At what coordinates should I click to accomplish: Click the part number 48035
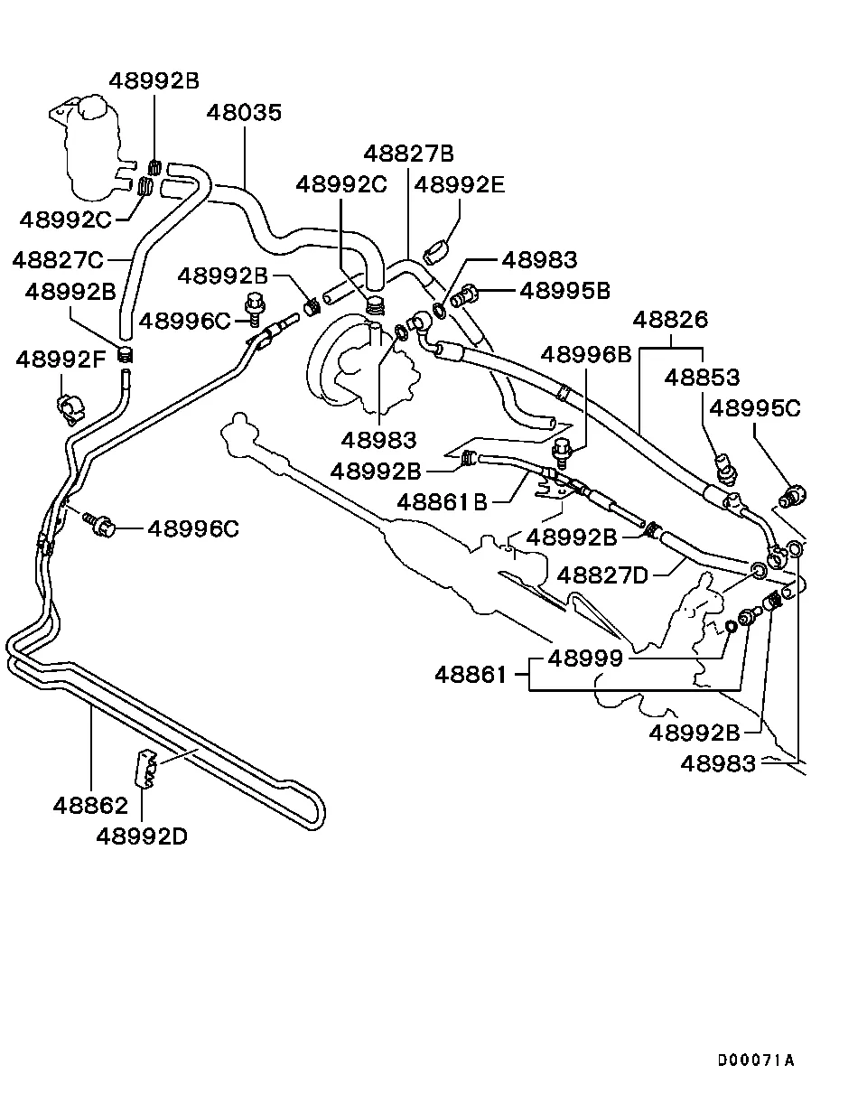pyautogui.click(x=244, y=113)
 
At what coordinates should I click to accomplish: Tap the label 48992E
pyautogui.click(x=459, y=185)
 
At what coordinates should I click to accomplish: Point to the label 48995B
pyautogui.click(x=565, y=291)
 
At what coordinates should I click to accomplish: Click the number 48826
pyautogui.click(x=670, y=320)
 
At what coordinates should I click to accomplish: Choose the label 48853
pyautogui.click(x=702, y=377)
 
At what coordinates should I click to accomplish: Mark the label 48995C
pyautogui.click(x=755, y=407)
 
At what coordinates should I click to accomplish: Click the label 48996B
pyautogui.click(x=586, y=354)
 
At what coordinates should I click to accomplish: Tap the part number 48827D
pyautogui.click(x=603, y=575)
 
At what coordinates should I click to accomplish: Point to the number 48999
pyautogui.click(x=585, y=659)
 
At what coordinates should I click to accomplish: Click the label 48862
pyautogui.click(x=89, y=803)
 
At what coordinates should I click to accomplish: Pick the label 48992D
pyautogui.click(x=142, y=836)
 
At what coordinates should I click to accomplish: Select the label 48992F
pyautogui.click(x=61, y=360)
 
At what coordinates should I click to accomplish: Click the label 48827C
pyautogui.click(x=58, y=260)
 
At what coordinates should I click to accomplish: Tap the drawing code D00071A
pyautogui.click(x=756, y=1060)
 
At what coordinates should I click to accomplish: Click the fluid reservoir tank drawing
pyautogui.click(x=89, y=145)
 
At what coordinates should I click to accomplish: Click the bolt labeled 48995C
pyautogui.click(x=794, y=495)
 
